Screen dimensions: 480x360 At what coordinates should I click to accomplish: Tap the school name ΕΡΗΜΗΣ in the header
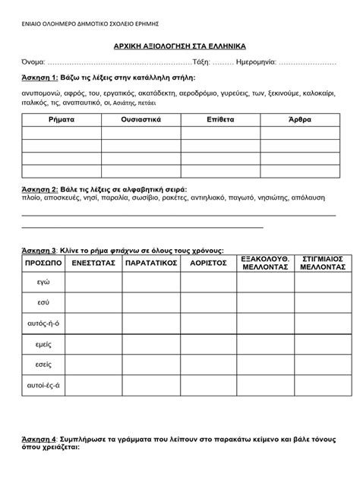coord(156,22)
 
